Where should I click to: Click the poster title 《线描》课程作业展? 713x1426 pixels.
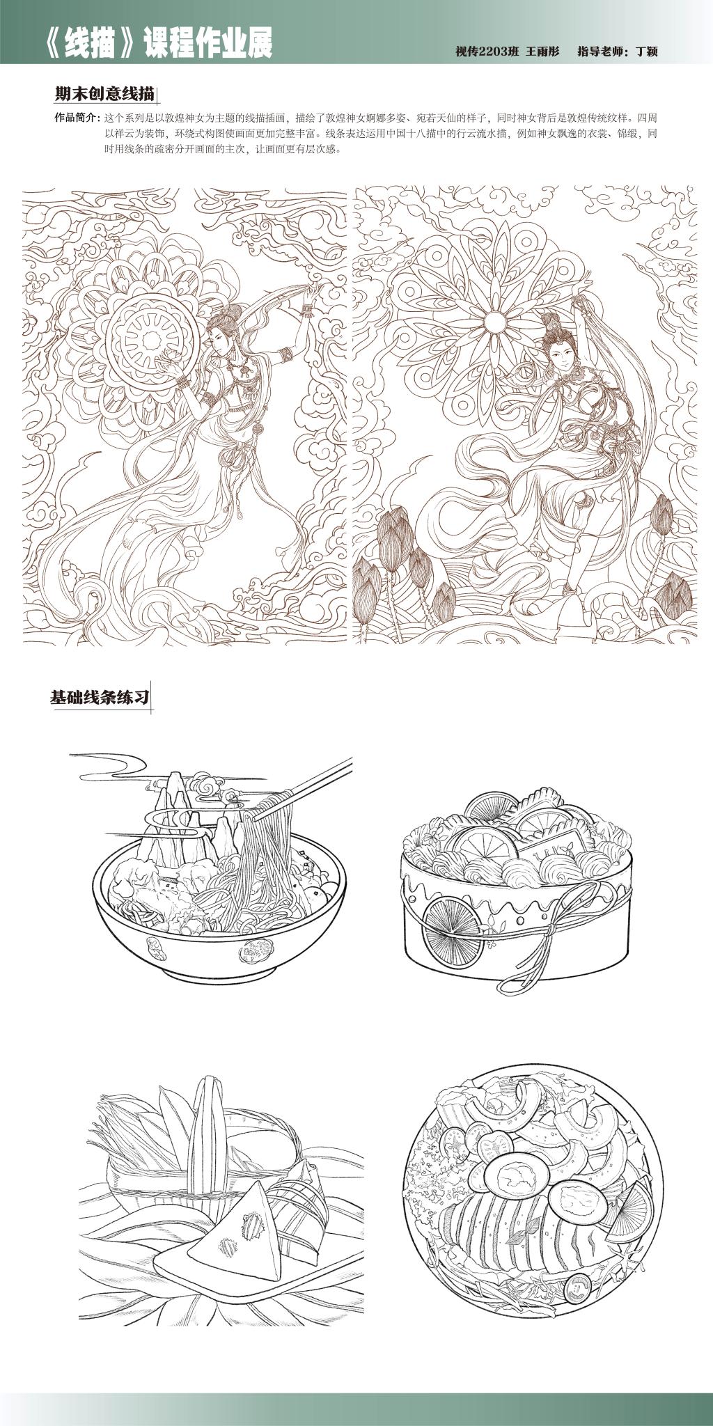(x=157, y=44)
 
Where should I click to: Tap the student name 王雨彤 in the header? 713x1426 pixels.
(x=543, y=51)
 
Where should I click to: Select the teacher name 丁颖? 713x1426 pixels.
(x=647, y=52)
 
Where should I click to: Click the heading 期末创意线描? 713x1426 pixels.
(x=104, y=94)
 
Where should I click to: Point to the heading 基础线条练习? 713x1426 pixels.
(x=100, y=697)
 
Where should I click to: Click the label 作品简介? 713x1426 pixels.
(x=75, y=117)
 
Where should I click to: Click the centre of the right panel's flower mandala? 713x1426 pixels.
(x=494, y=321)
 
